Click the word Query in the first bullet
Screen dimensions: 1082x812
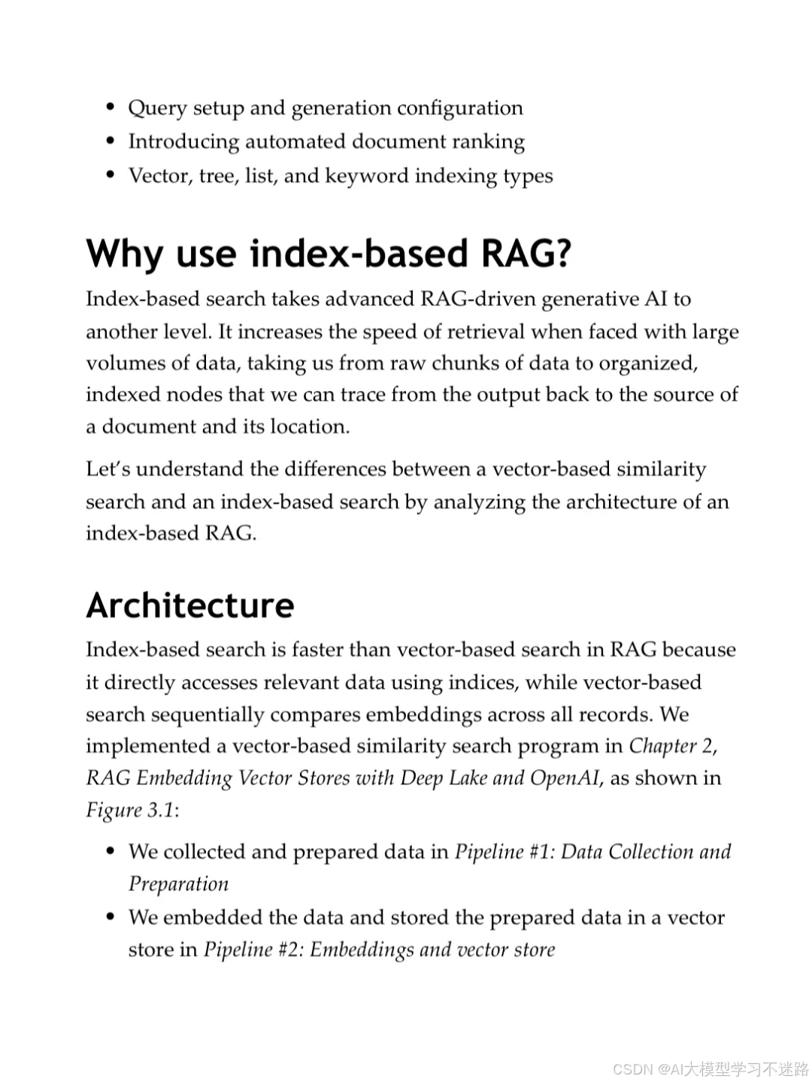(156, 109)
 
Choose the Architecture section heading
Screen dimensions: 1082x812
(190, 605)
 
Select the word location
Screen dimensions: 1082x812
(310, 427)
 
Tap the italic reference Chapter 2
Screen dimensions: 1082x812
(671, 746)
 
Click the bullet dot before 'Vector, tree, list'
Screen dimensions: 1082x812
(111, 175)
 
